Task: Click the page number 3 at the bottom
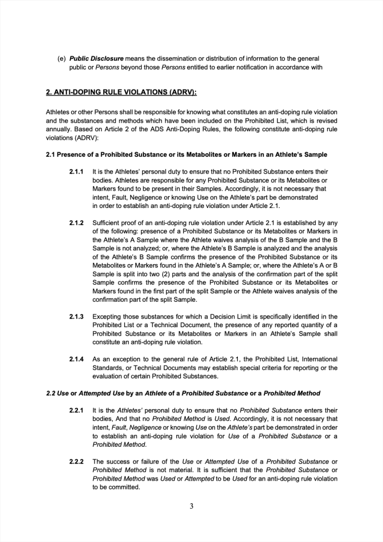click(x=191, y=507)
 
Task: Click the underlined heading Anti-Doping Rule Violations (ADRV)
click(x=121, y=92)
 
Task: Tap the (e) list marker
click(x=61, y=58)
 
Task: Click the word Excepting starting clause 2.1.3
click(x=109, y=317)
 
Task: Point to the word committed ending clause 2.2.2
click(x=120, y=487)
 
